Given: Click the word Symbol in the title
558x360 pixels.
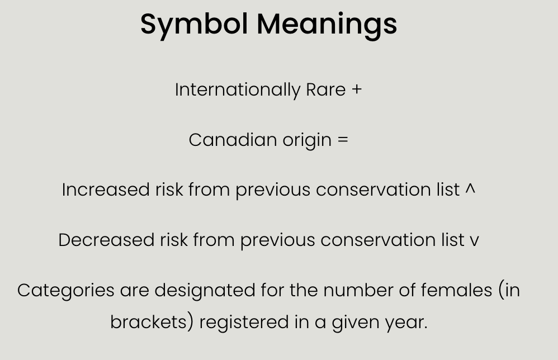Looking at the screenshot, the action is [x=194, y=25].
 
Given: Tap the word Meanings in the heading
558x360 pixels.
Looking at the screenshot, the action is [x=327, y=25].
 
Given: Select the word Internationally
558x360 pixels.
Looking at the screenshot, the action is [x=238, y=90].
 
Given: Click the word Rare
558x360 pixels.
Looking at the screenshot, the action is [x=325, y=90].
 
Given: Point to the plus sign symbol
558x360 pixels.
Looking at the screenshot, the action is [x=357, y=89].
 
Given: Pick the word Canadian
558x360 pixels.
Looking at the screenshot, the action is [x=233, y=140].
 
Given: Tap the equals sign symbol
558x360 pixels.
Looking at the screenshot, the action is [x=343, y=140].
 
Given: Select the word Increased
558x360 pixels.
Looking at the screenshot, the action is [x=106, y=190].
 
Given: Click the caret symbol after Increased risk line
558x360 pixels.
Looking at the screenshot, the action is [x=470, y=188].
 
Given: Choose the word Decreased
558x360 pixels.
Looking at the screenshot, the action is [x=106, y=240].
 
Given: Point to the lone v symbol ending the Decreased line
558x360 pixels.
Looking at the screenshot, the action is [x=474, y=241].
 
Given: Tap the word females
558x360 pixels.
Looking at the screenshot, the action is [x=457, y=290].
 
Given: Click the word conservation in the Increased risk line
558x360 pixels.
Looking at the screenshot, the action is [x=373, y=190].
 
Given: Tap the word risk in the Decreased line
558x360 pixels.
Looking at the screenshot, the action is [x=174, y=240].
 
